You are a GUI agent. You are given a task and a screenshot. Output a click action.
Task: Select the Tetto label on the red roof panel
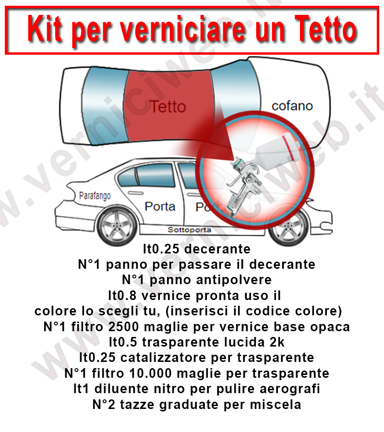tap(167, 106)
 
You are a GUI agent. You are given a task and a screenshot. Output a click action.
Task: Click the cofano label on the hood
tap(292, 106)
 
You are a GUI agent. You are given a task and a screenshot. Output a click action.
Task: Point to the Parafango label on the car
tap(95, 196)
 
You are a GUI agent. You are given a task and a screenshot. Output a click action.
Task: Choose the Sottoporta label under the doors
tap(190, 230)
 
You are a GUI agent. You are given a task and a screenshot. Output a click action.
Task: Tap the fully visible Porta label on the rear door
tap(160, 206)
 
